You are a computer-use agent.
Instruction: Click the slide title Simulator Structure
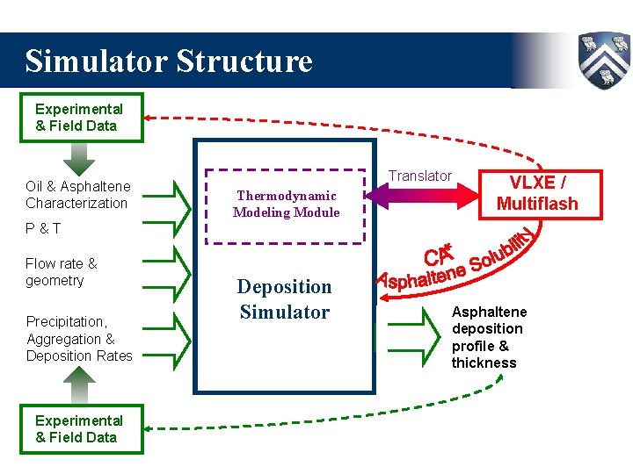(x=169, y=61)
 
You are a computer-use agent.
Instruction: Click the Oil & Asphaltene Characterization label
(x=77, y=194)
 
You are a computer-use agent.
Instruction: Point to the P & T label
(x=44, y=228)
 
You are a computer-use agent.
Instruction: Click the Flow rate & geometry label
(x=62, y=272)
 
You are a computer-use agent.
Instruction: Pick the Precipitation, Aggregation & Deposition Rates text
(x=79, y=338)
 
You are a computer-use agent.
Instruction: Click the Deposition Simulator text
(x=285, y=299)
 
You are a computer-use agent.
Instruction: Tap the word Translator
(x=420, y=176)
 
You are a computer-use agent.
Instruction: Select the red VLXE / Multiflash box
(x=537, y=193)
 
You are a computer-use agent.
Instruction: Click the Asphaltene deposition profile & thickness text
(x=489, y=337)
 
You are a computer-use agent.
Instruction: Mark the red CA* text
(x=438, y=255)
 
